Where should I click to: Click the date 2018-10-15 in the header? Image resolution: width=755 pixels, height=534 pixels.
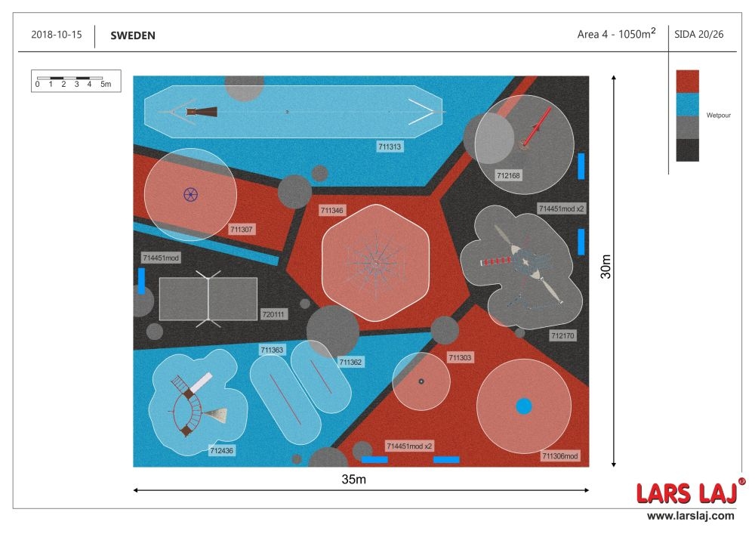[57, 35]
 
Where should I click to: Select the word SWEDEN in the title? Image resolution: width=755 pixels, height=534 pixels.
[133, 35]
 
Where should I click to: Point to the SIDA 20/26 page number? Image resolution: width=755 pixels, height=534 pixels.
[698, 34]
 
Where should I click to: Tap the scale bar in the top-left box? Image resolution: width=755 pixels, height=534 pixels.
[69, 78]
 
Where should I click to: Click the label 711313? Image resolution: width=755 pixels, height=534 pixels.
[390, 147]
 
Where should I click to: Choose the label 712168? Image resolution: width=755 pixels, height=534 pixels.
[508, 176]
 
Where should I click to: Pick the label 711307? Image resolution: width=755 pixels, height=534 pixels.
[242, 230]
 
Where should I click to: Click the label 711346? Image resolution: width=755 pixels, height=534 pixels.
[331, 211]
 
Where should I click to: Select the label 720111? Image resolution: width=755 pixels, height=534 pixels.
[273, 314]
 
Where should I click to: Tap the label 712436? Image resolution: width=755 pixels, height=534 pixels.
[221, 451]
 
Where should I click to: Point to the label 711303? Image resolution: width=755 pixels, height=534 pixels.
[460, 358]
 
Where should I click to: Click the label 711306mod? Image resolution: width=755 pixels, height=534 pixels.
[560, 456]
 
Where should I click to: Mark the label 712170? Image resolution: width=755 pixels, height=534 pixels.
[562, 335]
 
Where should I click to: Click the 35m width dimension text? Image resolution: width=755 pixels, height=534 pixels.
[354, 479]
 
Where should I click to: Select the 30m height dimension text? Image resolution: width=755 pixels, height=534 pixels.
[606, 267]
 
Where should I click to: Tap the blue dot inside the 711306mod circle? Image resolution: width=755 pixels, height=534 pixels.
[524, 406]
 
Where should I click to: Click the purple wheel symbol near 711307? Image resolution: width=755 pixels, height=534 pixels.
[191, 195]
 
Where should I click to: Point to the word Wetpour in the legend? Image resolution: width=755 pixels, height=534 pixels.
[719, 115]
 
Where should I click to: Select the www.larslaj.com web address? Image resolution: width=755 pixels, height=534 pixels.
[691, 516]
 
